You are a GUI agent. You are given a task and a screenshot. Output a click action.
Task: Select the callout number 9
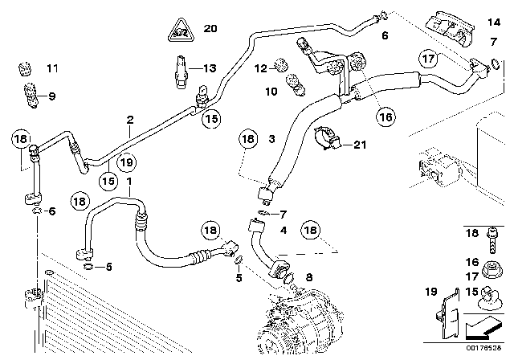[x=51, y=96]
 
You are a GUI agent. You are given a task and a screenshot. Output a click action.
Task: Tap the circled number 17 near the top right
[x=427, y=59]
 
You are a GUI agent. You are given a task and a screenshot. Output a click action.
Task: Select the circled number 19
[x=127, y=162]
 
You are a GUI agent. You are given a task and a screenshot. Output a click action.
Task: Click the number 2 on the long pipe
[x=129, y=121]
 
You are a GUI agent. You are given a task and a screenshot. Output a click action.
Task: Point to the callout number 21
[x=359, y=145]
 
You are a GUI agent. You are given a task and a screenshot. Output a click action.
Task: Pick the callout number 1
[x=129, y=182]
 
